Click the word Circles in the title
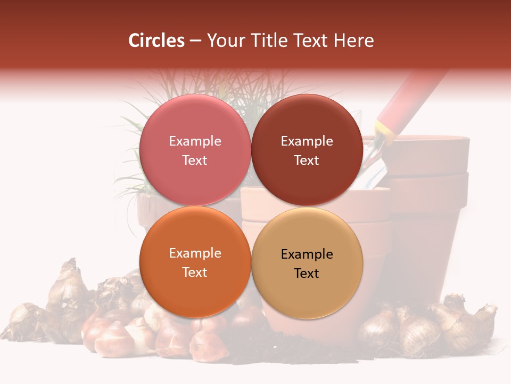[156, 41]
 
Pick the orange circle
[195, 288]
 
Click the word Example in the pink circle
[195, 141]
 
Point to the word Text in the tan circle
[307, 274]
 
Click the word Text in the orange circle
[195, 273]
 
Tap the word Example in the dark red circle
[307, 141]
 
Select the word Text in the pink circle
[195, 161]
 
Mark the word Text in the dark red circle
[307, 161]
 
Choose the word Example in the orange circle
[195, 253]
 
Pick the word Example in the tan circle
[307, 254]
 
